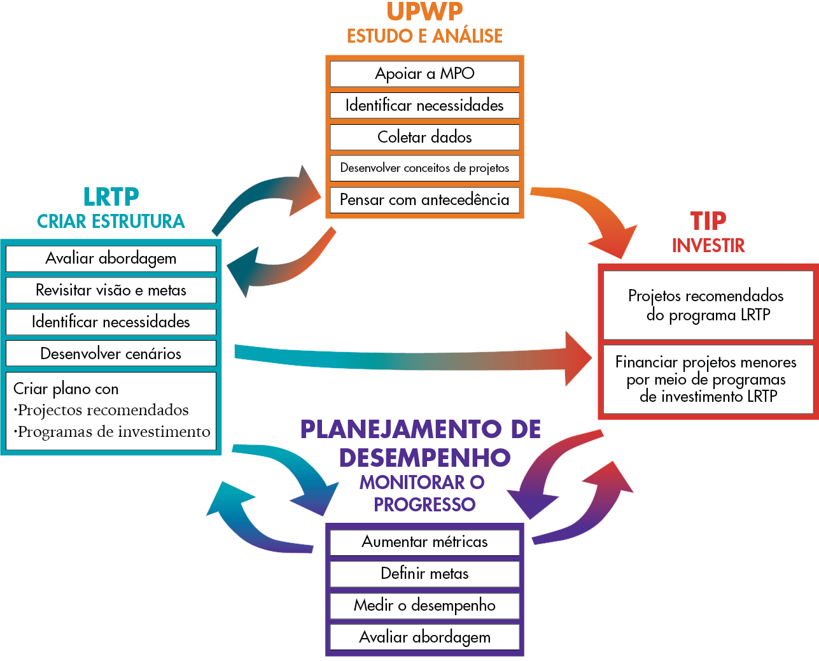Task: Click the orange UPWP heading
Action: pos(424,11)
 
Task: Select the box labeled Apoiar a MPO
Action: pos(424,74)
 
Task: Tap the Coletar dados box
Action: pos(424,137)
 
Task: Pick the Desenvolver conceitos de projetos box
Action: pos(424,168)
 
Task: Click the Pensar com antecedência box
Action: pos(424,200)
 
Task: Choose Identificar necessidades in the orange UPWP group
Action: pos(424,106)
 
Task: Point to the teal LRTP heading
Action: pos(111,197)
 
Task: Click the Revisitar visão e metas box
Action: pos(111,290)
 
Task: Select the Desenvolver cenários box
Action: pos(111,353)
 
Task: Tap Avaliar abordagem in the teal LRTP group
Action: pos(111,259)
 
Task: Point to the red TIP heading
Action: pos(708,221)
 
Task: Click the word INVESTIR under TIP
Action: pos(708,245)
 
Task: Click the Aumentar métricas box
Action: pos(424,542)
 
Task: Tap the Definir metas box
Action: pos(424,574)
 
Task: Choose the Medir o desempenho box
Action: pos(424,605)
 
